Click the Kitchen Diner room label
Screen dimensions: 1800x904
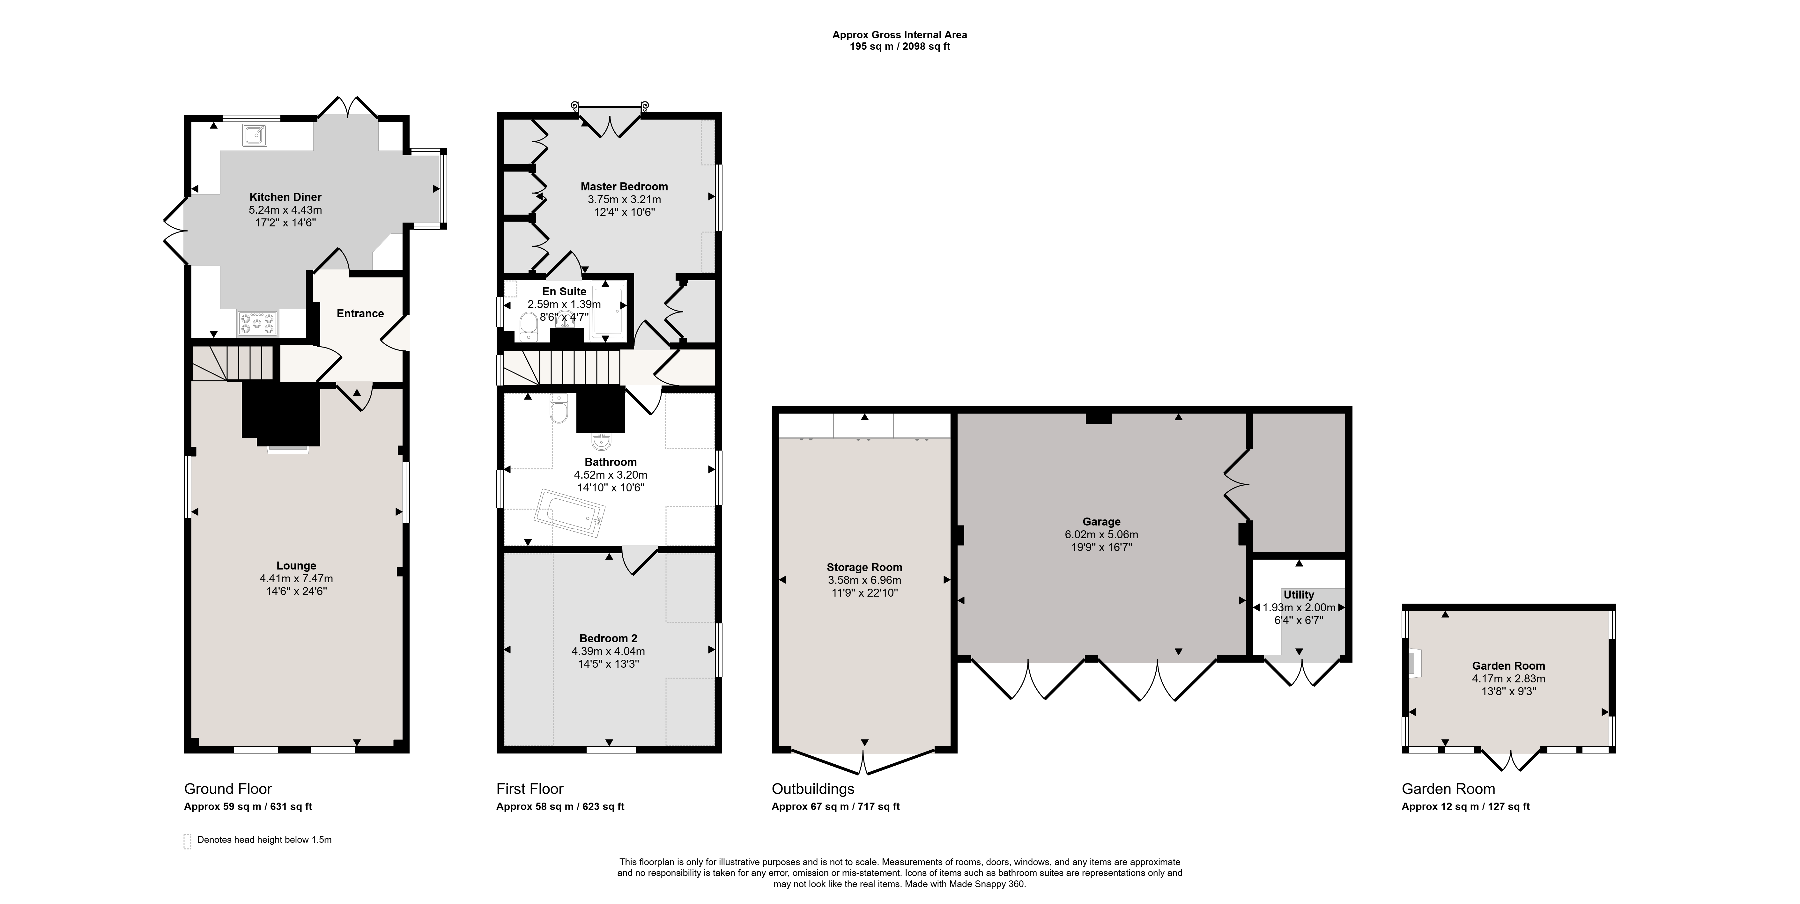pyautogui.click(x=285, y=197)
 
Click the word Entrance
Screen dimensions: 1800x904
pyautogui.click(x=360, y=314)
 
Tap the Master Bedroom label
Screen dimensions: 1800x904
pyautogui.click(x=624, y=187)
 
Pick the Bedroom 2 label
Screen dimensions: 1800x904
pyautogui.click(x=608, y=638)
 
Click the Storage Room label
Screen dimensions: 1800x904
pyautogui.click(x=864, y=567)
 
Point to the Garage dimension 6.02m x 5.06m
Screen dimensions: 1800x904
pyautogui.click(x=1101, y=534)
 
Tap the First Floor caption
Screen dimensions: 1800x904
pyautogui.click(x=530, y=789)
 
